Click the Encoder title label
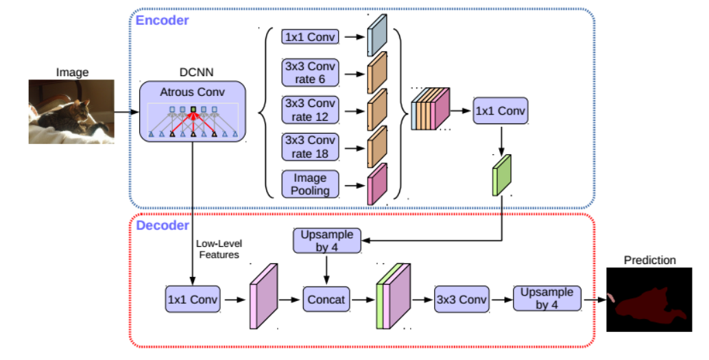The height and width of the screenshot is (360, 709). [x=162, y=20]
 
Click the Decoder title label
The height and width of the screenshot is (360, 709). [x=162, y=226]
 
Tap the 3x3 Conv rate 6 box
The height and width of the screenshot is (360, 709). [x=309, y=73]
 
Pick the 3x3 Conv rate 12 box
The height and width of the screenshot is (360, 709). [x=309, y=110]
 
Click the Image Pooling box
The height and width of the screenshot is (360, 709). [x=309, y=184]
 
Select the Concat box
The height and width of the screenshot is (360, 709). [x=326, y=300]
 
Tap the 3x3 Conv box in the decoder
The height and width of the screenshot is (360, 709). [x=461, y=300]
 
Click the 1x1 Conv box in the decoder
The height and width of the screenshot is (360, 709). [x=193, y=300]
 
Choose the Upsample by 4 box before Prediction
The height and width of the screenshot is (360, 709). [x=546, y=299]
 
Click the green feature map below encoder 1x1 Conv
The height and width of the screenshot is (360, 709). [x=502, y=176]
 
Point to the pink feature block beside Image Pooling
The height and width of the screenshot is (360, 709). [x=377, y=184]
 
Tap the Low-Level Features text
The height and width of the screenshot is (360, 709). [x=219, y=249]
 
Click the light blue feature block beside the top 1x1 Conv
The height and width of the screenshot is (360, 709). [x=377, y=35]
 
